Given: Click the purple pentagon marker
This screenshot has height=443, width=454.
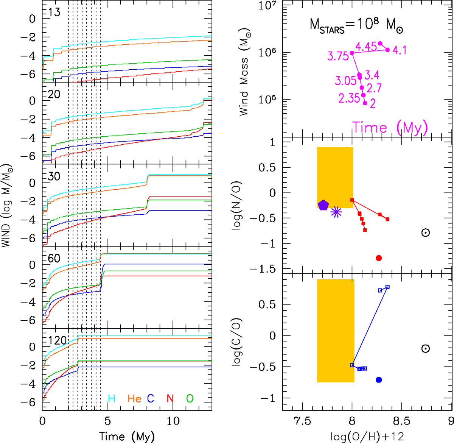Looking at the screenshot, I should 323,205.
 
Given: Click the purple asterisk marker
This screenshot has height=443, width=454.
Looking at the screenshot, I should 336,212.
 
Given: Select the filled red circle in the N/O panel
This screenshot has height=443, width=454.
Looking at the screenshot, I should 379,258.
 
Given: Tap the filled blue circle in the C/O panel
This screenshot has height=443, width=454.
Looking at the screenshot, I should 379,380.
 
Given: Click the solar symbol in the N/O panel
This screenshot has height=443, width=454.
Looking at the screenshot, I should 426,233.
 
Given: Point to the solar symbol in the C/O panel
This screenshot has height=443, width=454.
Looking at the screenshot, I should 426,349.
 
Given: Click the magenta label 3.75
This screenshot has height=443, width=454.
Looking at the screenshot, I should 338,56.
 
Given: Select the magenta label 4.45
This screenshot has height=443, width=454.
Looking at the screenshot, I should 366,47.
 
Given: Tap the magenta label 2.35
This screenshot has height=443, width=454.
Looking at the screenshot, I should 349,98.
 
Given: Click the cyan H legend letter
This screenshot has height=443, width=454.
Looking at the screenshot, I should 112,398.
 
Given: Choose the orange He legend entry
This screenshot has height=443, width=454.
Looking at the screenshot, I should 134,398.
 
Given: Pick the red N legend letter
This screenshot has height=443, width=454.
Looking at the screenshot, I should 170,398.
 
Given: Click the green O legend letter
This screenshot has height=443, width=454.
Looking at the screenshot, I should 190,398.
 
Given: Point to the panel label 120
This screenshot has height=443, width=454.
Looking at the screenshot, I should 58,340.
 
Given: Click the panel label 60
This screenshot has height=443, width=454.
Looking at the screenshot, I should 54,258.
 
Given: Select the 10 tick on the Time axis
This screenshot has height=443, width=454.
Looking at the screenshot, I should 173,421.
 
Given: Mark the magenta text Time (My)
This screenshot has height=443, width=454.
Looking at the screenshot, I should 390,128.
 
